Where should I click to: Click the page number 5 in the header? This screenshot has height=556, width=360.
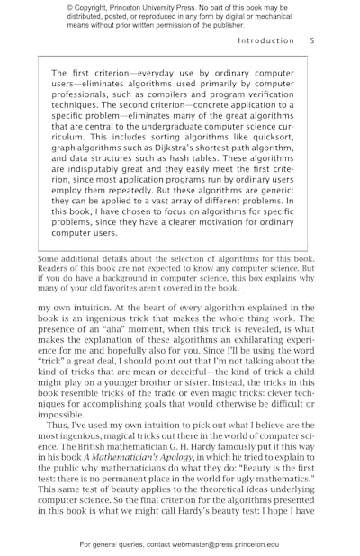pos(312,40)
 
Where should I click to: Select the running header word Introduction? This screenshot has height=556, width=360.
pos(265,40)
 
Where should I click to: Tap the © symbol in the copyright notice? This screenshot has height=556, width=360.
pos(68,9)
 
